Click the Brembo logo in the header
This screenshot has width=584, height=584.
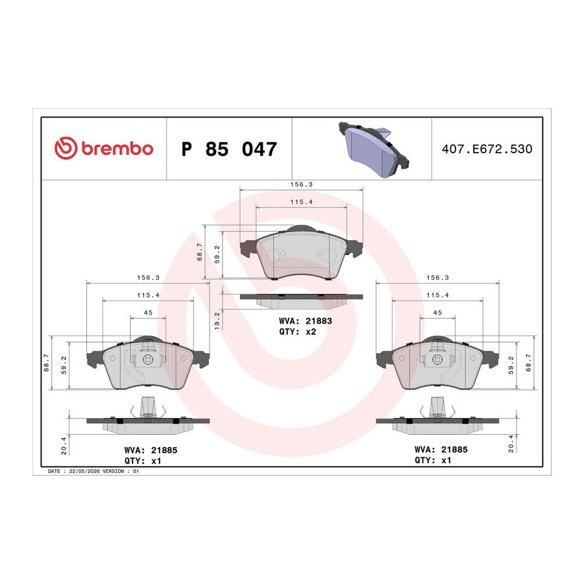pos(104,148)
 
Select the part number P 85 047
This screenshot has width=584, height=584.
pos(229,149)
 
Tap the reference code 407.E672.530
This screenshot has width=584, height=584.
pos(487,149)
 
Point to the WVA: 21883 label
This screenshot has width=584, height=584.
pos(306,321)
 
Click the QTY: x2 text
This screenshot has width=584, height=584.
pos(298,332)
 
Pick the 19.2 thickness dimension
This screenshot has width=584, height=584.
pos(217,321)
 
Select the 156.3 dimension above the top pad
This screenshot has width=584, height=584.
pos(301,184)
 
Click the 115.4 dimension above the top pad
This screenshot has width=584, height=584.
pos(301,202)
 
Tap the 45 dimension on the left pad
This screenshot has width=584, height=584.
pos(148,313)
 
